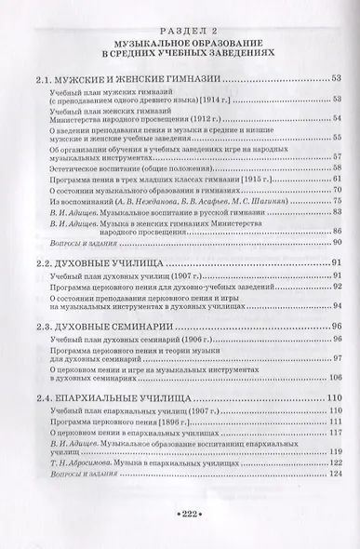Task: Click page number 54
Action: (x=338, y=121)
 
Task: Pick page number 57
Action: (x=338, y=156)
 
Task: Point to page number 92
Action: (x=338, y=288)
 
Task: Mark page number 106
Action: (x=335, y=376)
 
